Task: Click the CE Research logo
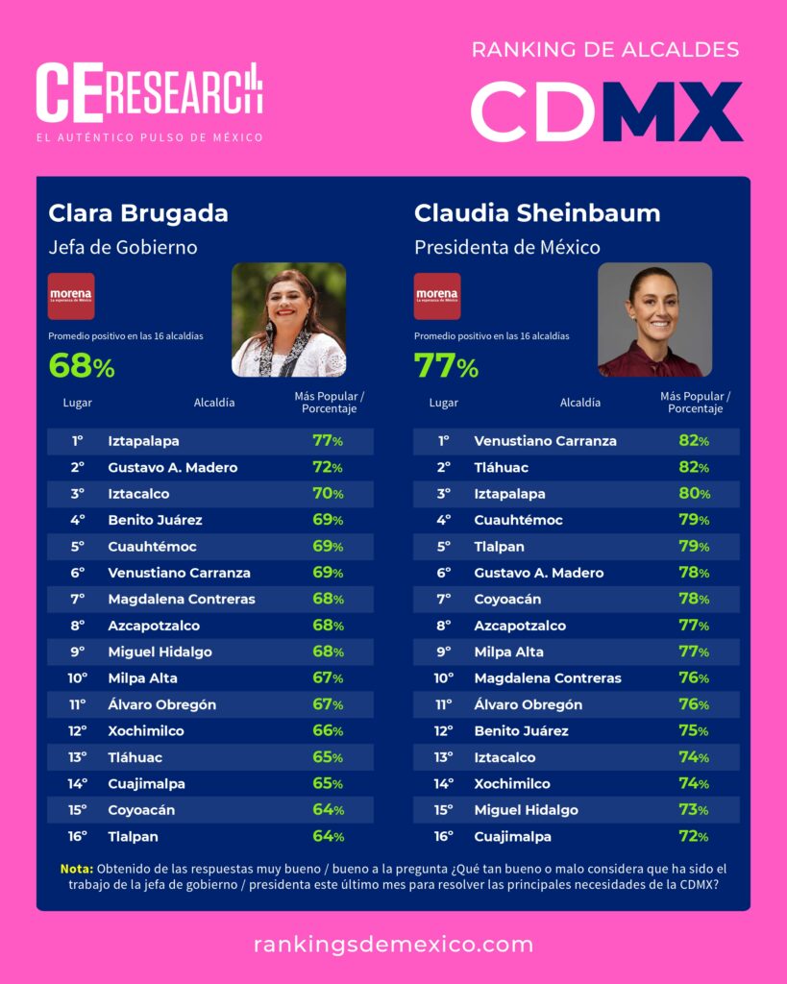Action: [x=149, y=93]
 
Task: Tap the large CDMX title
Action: [x=606, y=111]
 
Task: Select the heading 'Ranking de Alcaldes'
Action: [x=605, y=49]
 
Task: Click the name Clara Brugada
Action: [x=138, y=212]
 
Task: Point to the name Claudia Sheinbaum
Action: [x=537, y=212]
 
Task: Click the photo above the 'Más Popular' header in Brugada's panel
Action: [x=288, y=320]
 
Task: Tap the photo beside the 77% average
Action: [x=654, y=320]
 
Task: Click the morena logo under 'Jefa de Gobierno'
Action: [x=71, y=296]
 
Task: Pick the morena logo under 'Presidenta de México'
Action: [x=437, y=296]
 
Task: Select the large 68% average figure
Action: [x=82, y=366]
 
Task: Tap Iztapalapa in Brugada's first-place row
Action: [x=143, y=441]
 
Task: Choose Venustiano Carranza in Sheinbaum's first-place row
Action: [x=545, y=441]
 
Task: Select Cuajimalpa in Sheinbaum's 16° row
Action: [x=512, y=836]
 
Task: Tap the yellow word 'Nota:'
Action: [x=76, y=869]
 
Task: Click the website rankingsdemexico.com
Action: [x=393, y=944]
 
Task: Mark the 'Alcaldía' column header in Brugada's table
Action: [x=214, y=403]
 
